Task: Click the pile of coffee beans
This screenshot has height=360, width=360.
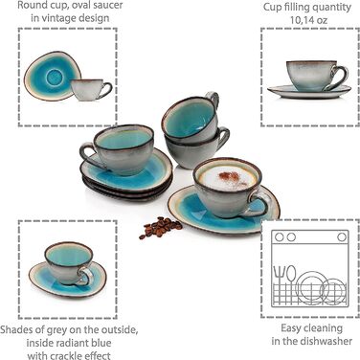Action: click(161, 227)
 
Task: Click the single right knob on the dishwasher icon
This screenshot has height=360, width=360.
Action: click(342, 237)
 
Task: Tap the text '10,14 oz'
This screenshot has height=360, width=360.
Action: click(308, 20)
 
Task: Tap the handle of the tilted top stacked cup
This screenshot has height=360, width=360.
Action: click(214, 98)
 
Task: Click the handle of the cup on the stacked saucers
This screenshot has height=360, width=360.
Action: click(89, 155)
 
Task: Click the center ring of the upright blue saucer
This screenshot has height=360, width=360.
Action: click(55, 78)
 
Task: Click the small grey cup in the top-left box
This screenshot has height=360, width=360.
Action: click(91, 89)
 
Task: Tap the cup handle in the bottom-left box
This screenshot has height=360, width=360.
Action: click(85, 276)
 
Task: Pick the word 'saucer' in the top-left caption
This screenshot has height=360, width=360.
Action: click(107, 6)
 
